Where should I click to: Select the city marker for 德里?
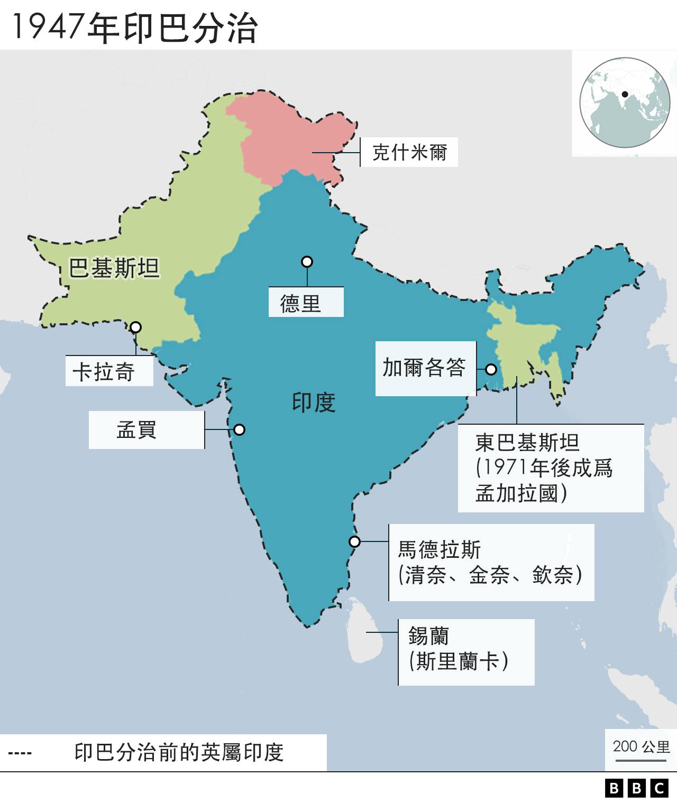pos(307,261)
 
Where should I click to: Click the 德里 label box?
pos(306,303)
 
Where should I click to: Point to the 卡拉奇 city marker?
pos(136,327)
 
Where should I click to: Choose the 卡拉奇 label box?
pos(109,371)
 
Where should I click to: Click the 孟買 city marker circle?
pos(240,429)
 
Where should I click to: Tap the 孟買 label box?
pos(146,429)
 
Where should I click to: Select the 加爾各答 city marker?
pos(491,369)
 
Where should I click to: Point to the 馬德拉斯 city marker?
pos(354,541)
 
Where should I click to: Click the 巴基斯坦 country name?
pos(114,268)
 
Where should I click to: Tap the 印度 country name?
pos(314,403)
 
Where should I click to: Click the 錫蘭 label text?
pos(459,649)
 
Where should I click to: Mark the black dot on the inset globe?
pos(625,95)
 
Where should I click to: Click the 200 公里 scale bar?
pos(641,760)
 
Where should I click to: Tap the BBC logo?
pos(636,788)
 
